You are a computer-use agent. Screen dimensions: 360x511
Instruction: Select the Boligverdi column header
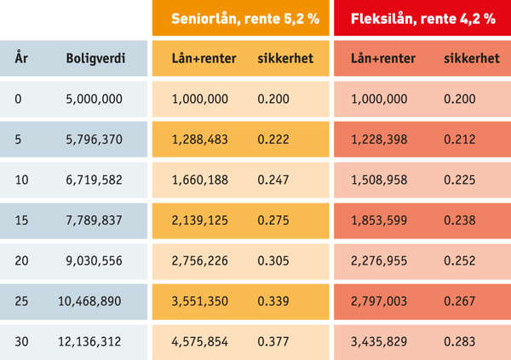95,59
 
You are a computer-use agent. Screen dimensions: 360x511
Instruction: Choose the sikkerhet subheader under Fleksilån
472,59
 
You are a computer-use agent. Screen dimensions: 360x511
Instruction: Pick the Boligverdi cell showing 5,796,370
94,139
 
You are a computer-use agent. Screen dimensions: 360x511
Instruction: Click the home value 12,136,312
90,341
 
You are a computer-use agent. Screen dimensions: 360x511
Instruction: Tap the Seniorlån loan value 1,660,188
200,180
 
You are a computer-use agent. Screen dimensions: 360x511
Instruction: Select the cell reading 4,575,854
200,341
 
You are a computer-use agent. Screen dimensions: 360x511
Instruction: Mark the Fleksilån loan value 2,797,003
379,300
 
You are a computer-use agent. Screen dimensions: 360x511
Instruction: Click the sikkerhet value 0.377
273,341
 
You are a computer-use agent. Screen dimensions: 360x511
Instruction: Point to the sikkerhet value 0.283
460,341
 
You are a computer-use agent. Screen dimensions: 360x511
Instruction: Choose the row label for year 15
21,220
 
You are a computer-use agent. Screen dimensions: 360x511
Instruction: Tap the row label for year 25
21,300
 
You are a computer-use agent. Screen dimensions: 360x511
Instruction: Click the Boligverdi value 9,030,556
94,260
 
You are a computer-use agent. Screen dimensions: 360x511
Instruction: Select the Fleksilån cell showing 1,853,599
379,220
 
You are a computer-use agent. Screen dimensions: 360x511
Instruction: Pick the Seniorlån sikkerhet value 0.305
273,260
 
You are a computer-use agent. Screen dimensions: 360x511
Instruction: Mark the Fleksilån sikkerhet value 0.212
460,139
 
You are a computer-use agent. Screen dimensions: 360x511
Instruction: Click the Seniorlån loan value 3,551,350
200,300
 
